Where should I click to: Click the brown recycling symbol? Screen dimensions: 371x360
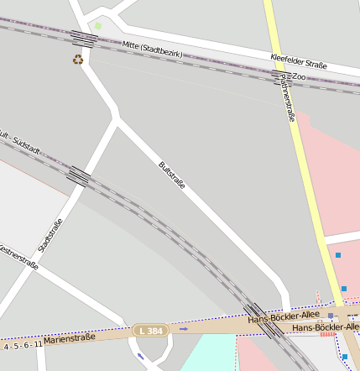click(x=78, y=60)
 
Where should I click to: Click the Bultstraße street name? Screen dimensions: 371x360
click(x=172, y=175)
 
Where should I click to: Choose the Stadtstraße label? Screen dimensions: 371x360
click(x=50, y=235)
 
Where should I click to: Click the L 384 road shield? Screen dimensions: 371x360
click(x=150, y=332)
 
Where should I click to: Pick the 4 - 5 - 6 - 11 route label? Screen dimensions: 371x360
click(x=22, y=345)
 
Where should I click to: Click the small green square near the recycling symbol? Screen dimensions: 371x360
click(x=98, y=26)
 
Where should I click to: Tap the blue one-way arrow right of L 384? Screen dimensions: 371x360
click(x=184, y=329)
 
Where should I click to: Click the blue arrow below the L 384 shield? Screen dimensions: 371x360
click(x=139, y=356)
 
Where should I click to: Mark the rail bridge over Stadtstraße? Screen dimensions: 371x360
click(x=78, y=175)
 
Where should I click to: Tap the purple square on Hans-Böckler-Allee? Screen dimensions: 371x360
click(x=331, y=316)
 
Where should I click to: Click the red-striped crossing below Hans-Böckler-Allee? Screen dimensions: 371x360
click(x=327, y=334)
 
